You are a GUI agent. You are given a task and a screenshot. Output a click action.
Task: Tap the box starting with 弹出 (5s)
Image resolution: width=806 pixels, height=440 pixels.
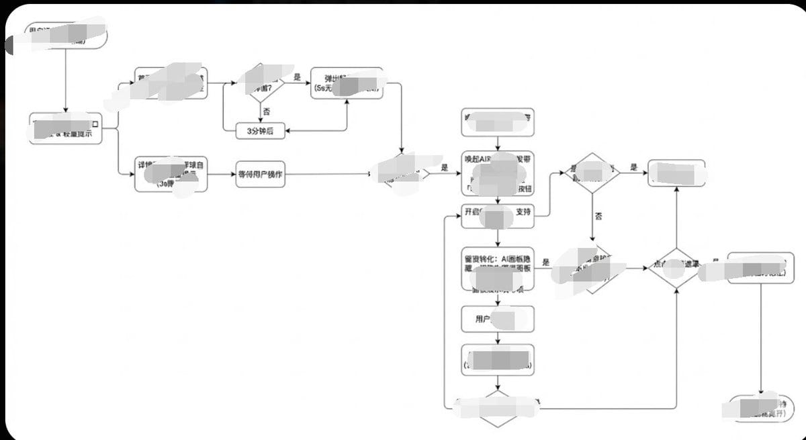347,83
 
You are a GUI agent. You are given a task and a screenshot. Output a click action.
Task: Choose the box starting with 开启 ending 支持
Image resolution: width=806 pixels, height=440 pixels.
498,212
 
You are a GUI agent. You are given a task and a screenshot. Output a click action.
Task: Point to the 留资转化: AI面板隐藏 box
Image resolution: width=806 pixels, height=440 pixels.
498,267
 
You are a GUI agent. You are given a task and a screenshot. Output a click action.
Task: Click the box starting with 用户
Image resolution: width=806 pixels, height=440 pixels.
498,319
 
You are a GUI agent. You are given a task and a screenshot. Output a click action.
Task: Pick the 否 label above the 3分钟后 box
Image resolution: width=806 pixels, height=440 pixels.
266,111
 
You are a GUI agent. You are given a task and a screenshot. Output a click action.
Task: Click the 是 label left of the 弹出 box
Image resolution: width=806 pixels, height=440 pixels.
298,77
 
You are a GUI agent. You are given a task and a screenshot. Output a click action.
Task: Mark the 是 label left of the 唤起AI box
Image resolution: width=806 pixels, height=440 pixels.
444,168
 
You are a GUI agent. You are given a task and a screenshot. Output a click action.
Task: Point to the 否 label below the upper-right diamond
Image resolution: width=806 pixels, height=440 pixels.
596,216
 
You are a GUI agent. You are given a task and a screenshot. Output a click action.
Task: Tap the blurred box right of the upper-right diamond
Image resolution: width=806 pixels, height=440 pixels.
676,173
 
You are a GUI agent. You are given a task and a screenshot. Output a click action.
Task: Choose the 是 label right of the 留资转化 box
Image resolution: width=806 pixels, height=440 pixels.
545,262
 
